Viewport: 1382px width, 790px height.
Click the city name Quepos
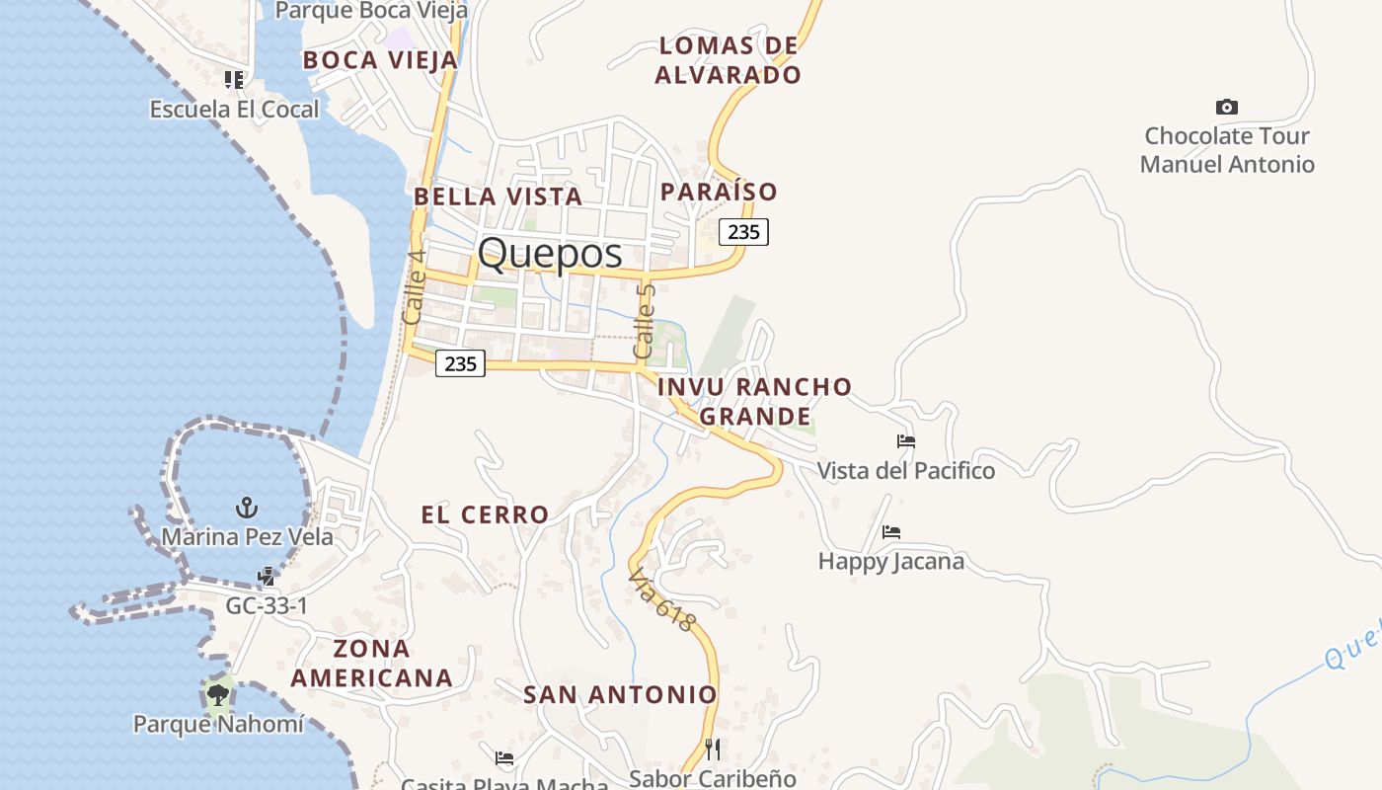coord(550,254)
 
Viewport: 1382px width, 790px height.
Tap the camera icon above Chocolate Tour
coord(1226,107)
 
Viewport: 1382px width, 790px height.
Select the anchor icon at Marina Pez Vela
coord(247,508)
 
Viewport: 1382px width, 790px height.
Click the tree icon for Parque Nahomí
coord(218,695)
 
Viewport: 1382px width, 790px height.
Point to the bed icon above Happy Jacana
coord(891,532)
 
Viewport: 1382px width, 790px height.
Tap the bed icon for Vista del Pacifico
coord(905,440)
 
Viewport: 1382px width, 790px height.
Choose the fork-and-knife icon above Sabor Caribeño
coord(713,749)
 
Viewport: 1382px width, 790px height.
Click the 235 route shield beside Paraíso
coord(743,232)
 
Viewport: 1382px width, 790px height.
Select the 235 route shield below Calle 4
coord(460,363)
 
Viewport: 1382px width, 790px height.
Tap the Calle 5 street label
coord(645,321)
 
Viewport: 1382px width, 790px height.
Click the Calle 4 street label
coord(415,286)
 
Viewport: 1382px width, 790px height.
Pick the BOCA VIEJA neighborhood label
coord(380,60)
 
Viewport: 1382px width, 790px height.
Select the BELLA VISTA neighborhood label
coord(498,197)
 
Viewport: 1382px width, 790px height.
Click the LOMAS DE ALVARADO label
coord(729,60)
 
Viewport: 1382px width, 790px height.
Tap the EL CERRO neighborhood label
coord(485,514)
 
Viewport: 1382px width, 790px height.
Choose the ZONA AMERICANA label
coord(372,664)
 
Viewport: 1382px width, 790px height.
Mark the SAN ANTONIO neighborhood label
coord(620,695)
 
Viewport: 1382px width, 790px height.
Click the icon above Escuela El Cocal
coord(234,79)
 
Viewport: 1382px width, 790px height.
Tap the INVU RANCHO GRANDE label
coord(755,401)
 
